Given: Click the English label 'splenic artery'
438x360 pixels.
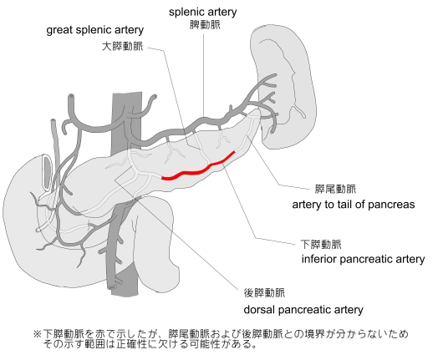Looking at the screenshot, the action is (x=203, y=12).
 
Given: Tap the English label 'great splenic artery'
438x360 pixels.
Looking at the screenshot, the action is (x=95, y=30).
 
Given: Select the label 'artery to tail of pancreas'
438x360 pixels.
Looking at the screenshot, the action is (x=354, y=205).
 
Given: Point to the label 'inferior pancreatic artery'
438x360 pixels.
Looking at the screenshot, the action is (x=363, y=259).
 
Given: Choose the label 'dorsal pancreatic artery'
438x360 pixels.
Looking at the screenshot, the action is (x=303, y=310).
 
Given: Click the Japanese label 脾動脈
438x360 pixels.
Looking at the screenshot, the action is (x=205, y=24).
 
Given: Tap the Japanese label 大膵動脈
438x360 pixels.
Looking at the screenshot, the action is (x=122, y=46).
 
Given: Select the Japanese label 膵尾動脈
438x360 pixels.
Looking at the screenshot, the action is (x=335, y=189).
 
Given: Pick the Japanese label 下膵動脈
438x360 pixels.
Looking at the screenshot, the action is (x=321, y=244).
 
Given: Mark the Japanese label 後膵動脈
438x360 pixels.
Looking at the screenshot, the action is (x=264, y=292).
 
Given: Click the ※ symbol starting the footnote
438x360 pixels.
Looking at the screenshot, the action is (x=38, y=334).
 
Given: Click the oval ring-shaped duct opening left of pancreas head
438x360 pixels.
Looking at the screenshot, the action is (x=47, y=172).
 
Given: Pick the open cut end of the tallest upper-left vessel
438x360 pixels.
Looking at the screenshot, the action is (x=72, y=97).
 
